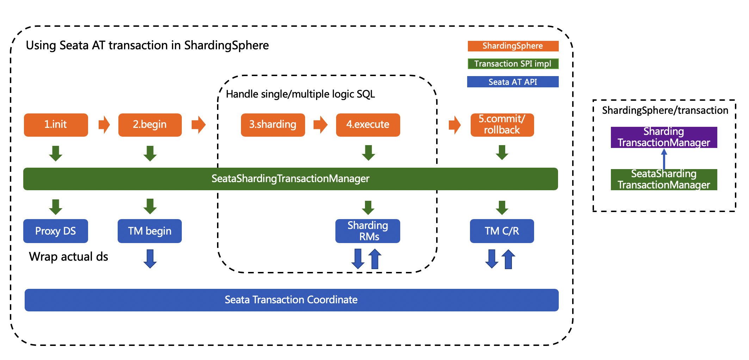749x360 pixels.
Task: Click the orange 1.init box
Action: (x=56, y=125)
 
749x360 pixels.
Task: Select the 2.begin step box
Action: (x=150, y=125)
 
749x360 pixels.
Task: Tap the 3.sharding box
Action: (x=273, y=125)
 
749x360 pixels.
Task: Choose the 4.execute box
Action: (x=368, y=125)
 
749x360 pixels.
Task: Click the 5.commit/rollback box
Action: (x=502, y=125)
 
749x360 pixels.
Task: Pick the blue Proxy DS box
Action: (x=55, y=231)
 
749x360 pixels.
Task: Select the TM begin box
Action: (x=149, y=231)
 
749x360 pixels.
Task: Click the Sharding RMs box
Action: (x=367, y=231)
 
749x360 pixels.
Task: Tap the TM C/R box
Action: (x=502, y=231)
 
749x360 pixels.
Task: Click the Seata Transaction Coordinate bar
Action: (x=291, y=300)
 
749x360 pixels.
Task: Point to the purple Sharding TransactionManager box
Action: (x=664, y=137)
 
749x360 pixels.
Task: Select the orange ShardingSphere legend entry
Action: (x=513, y=46)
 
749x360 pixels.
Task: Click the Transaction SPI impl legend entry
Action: (x=513, y=64)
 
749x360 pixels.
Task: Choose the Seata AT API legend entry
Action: (x=513, y=82)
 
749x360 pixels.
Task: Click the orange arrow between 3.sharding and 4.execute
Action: (x=320, y=125)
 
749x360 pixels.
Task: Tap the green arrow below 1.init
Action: (x=56, y=153)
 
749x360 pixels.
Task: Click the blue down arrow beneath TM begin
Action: (x=150, y=259)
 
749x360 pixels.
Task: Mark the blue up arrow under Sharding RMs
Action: (x=375, y=259)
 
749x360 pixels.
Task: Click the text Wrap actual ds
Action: (x=68, y=256)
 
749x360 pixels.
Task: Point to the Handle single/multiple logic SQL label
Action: (x=300, y=94)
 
